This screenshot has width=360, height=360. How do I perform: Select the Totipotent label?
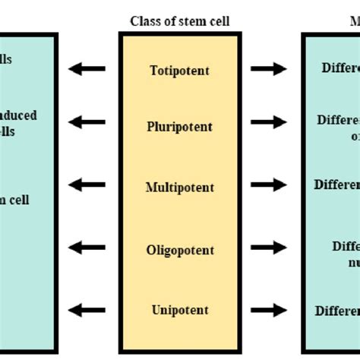pyautogui.click(x=180, y=71)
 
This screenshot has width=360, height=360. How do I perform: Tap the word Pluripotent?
pyautogui.click(x=180, y=127)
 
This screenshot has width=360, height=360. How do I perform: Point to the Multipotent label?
pyautogui.click(x=180, y=187)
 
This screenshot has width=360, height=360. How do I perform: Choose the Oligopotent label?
pyautogui.click(x=180, y=250)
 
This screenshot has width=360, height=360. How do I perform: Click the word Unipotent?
pyautogui.click(x=180, y=310)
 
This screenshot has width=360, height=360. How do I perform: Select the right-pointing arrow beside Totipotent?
pyautogui.click(x=269, y=69)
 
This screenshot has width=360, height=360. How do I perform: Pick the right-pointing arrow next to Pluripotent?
pyautogui.click(x=269, y=121)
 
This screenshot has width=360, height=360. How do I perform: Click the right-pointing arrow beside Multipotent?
pyautogui.click(x=269, y=185)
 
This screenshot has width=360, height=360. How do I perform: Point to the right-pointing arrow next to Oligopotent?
pyautogui.click(x=269, y=248)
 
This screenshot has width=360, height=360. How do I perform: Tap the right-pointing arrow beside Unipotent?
pyautogui.click(x=269, y=308)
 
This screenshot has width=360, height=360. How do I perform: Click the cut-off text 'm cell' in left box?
pyautogui.click(x=17, y=201)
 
